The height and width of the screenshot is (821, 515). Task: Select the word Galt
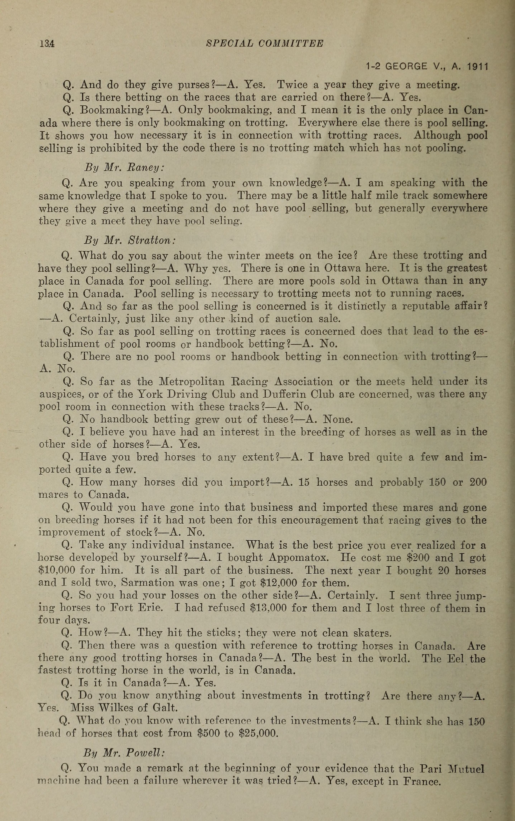point(165,708)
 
